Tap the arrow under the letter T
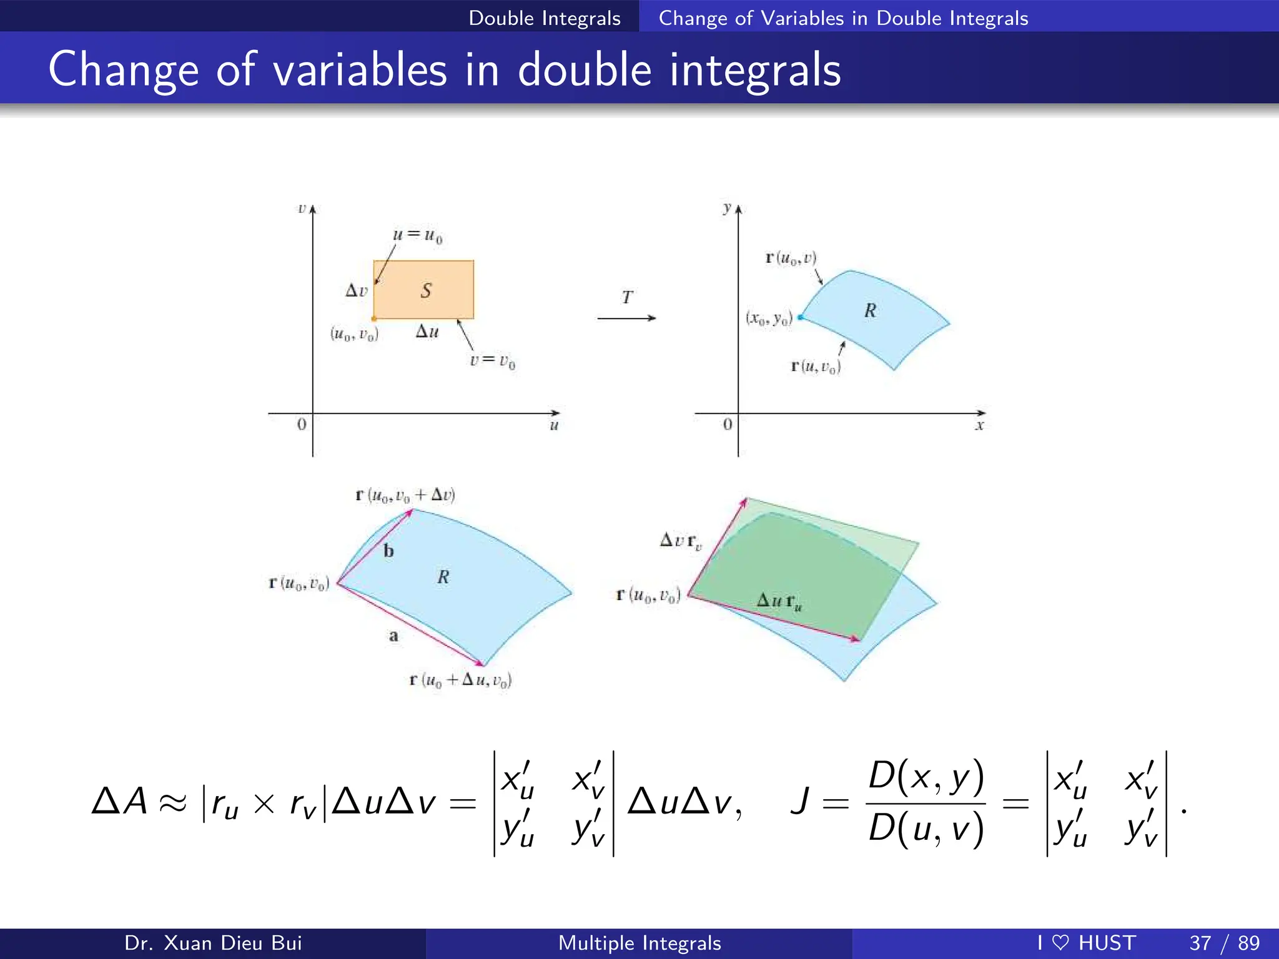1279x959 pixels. (x=626, y=318)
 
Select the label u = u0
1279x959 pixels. (x=417, y=235)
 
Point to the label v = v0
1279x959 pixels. (x=492, y=361)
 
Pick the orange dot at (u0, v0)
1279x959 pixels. (x=373, y=319)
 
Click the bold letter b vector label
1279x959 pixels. (x=388, y=551)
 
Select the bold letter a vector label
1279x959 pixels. (x=393, y=636)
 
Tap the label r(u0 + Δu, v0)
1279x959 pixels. (x=460, y=680)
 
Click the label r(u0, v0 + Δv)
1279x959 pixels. (x=405, y=496)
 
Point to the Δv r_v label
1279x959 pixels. (x=681, y=541)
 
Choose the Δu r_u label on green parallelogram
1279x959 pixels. (x=779, y=602)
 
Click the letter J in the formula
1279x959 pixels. (x=800, y=802)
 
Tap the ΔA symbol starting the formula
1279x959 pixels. (x=119, y=802)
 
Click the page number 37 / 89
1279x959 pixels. (x=1224, y=943)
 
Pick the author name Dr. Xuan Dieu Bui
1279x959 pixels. (x=213, y=943)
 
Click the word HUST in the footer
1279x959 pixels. (x=1107, y=943)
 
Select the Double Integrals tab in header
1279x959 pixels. (x=545, y=18)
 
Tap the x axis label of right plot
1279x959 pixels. (x=979, y=426)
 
